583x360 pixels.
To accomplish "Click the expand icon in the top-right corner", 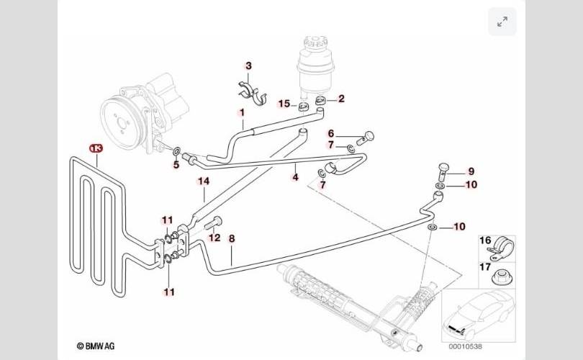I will click(502, 22).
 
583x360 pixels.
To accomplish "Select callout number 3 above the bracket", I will click(248, 66).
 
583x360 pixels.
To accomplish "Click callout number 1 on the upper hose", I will click(243, 113).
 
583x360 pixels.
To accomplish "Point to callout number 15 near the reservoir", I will click(284, 104).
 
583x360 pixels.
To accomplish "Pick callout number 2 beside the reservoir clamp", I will click(341, 99).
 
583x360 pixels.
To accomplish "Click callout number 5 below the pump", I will click(175, 165).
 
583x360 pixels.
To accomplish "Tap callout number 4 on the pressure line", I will click(295, 176).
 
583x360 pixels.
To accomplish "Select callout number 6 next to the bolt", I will click(332, 133).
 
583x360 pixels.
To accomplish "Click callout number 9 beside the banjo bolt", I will click(471, 171).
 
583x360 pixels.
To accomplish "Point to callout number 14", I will click(204, 181).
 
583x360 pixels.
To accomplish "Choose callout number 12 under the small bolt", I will click(214, 237).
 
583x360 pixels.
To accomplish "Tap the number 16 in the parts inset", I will click(485, 240).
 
